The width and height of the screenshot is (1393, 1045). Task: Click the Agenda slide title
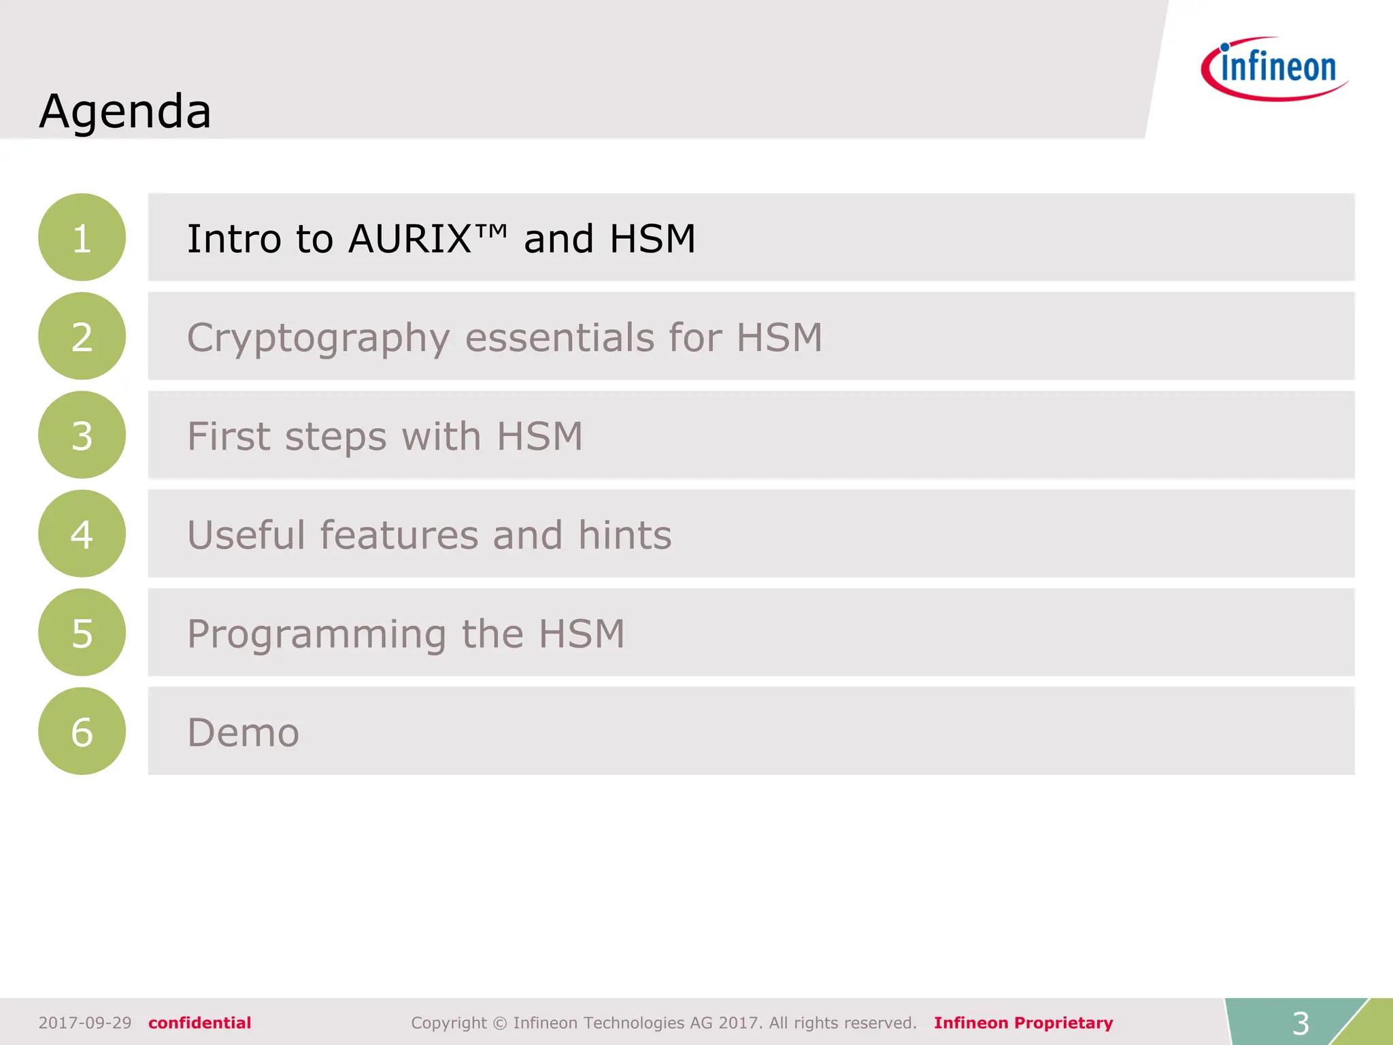point(125,111)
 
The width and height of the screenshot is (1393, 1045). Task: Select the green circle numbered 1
point(82,237)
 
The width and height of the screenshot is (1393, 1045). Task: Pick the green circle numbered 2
point(82,336)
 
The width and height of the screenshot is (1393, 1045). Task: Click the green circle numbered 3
point(82,435)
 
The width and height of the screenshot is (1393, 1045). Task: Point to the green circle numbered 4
point(82,534)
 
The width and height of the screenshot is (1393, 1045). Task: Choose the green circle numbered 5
point(82,633)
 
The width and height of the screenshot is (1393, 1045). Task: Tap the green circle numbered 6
point(82,731)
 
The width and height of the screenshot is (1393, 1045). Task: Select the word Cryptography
point(318,338)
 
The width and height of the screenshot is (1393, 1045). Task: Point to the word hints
point(624,535)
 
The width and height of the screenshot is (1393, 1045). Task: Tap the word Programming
point(317,635)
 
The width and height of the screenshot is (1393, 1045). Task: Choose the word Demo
point(243,733)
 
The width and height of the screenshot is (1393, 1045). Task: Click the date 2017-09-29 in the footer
point(85,1023)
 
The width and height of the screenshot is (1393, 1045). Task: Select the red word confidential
point(200,1023)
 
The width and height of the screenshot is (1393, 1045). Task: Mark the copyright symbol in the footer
point(500,1023)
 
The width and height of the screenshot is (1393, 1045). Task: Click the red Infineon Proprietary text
point(1023,1023)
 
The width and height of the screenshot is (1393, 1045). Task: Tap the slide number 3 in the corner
point(1300,1023)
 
